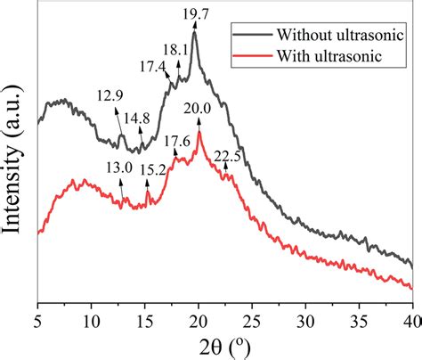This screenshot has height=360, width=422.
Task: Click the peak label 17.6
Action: point(177,141)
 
